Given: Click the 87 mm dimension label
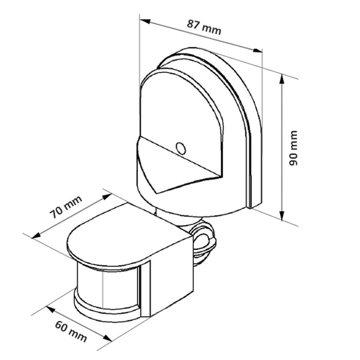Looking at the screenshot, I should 204,27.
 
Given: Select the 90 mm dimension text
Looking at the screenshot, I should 293,148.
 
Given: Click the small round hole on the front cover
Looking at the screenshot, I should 180,148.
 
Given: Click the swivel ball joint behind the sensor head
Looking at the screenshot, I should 203,238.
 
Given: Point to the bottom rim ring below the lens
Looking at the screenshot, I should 106,313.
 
